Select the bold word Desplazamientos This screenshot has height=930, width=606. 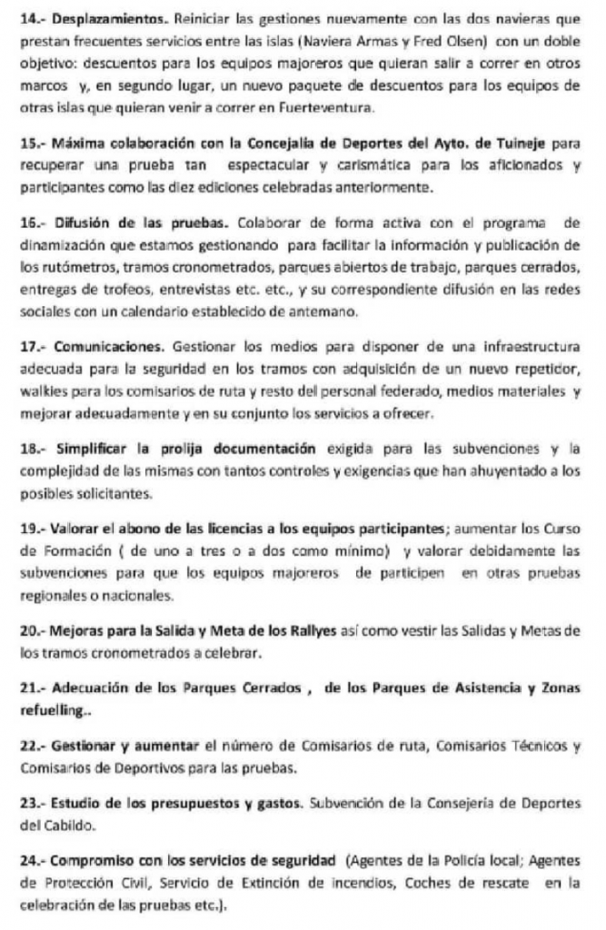click(99, 18)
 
